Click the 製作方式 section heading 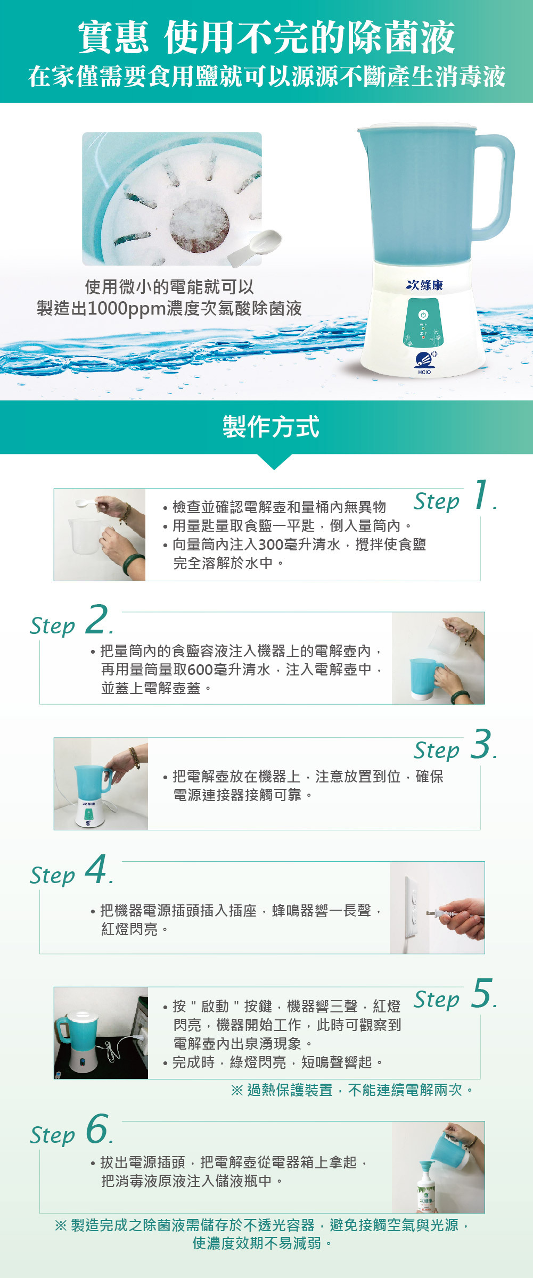[x=270, y=427]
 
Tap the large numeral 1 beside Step [x=481, y=494]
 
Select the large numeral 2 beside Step [x=97, y=619]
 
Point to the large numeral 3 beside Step [x=481, y=744]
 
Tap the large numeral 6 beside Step [x=97, y=1128]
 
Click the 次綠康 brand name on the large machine [x=424, y=285]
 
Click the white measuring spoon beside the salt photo [x=255, y=248]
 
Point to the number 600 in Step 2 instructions [x=201, y=670]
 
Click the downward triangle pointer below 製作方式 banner [x=274, y=461]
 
